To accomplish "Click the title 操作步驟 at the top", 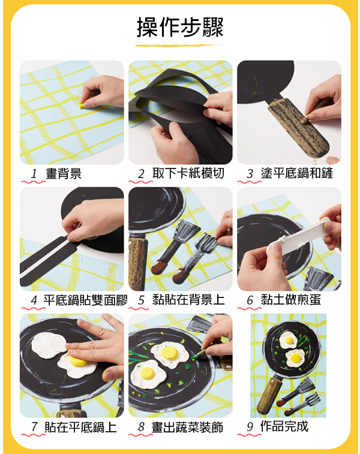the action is click(x=180, y=27).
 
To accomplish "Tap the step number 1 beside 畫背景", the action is click(x=34, y=174).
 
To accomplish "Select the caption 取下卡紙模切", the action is click(x=188, y=173).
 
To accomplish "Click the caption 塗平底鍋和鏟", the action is click(x=296, y=173).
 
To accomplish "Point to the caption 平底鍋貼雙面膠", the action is click(x=86, y=300).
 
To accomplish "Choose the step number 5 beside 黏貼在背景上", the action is click(x=141, y=300).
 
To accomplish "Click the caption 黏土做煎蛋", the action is click(x=290, y=300).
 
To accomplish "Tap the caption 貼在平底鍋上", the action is click(x=80, y=427).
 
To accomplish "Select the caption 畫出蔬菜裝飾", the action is click(x=187, y=427).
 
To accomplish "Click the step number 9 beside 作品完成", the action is click(x=250, y=427).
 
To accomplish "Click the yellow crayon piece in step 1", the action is click(x=83, y=106).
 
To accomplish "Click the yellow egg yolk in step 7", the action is click(x=78, y=361).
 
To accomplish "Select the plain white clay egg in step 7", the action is click(x=49, y=345).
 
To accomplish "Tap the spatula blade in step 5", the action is click(x=186, y=231).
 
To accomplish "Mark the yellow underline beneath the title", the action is click(x=179, y=46).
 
